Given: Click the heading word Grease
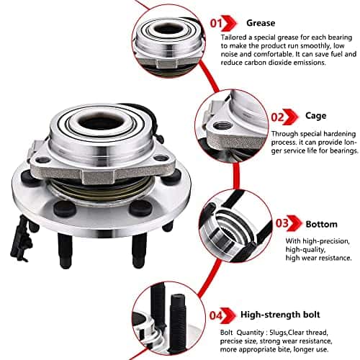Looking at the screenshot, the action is pos(261,23).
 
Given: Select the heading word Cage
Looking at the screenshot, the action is pos(315,116).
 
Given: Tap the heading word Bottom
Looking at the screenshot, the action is pos(321,225).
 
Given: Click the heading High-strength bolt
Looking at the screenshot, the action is pos(280,315).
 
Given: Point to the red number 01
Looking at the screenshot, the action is pos(217,23).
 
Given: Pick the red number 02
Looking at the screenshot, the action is pos(278,117).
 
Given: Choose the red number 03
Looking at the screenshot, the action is pos(282,223).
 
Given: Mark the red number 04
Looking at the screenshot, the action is pos(216,315).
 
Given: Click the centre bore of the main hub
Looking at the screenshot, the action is pos(101,122).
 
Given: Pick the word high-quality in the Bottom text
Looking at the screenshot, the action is pos(305,250).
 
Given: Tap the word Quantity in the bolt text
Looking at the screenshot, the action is pos(251,333).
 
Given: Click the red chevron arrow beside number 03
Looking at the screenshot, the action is pos(294,223).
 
